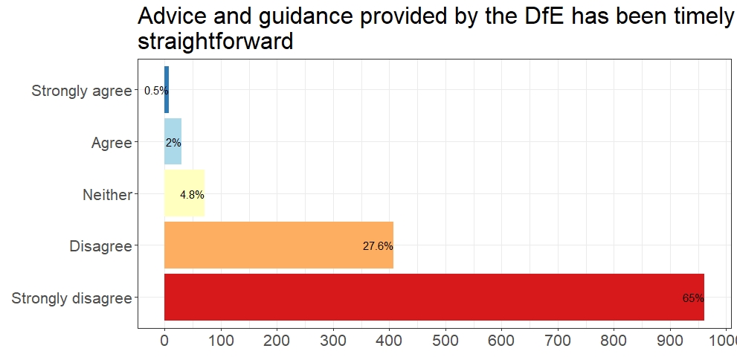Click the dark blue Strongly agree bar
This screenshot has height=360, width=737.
pyautogui.click(x=167, y=90)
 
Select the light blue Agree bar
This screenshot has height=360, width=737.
pyautogui.click(x=173, y=142)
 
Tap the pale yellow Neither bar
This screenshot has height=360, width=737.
pyautogui.click(x=184, y=193)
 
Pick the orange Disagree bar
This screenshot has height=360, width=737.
pyautogui.click(x=278, y=245)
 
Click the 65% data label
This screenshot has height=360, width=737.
pyautogui.click(x=692, y=298)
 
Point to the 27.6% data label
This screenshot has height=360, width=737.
pyautogui.click(x=378, y=246)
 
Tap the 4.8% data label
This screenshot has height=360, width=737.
pyautogui.click(x=192, y=195)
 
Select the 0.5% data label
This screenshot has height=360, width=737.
pyautogui.click(x=156, y=91)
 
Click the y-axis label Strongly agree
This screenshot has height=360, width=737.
pyautogui.click(x=81, y=91)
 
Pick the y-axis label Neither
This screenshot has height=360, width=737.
pyautogui.click(x=107, y=195)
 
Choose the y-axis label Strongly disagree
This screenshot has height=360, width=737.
pyautogui.click(x=71, y=298)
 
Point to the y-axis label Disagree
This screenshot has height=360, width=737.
pyautogui.click(x=100, y=246)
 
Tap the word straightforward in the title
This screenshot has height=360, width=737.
pyautogui.click(x=216, y=42)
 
